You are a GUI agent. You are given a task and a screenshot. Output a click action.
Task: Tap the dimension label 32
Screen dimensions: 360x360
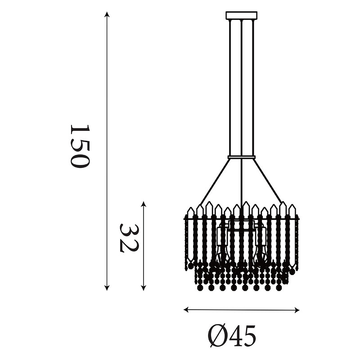[x=129, y=238]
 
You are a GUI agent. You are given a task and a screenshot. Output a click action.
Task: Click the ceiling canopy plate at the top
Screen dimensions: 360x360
[x=242, y=15]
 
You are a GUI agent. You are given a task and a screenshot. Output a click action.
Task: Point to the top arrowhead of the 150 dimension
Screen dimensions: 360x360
[x=107, y=14]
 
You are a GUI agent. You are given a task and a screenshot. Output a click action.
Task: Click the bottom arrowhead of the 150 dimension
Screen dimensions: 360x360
[x=107, y=288]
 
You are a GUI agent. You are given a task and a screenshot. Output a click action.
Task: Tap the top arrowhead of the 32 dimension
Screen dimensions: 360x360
[x=144, y=204]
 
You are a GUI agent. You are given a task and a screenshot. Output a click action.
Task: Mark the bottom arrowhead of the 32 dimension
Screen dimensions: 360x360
[x=144, y=288]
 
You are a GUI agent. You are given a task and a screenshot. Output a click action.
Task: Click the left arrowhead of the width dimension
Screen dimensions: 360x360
[x=186, y=310]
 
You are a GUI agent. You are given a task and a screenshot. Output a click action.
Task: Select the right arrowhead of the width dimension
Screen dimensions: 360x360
[x=297, y=310]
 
